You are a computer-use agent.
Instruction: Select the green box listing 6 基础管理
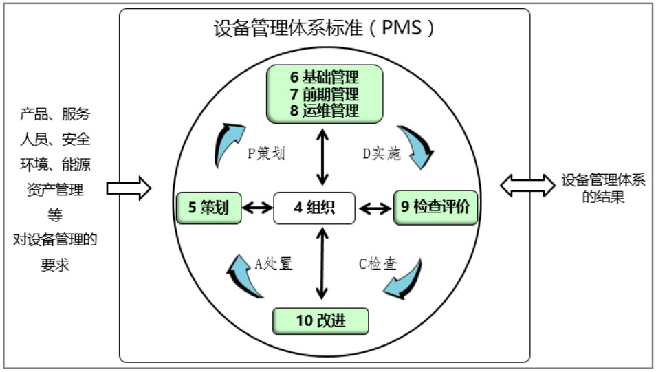[325, 93]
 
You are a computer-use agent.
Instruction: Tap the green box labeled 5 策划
[208, 207]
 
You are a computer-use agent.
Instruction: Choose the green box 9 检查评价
[436, 207]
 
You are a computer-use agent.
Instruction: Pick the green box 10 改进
[320, 320]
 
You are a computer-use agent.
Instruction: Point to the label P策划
[266, 153]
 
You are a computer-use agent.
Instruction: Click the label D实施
[381, 153]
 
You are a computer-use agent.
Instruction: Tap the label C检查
[378, 263]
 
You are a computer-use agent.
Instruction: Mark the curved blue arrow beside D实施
[419, 146]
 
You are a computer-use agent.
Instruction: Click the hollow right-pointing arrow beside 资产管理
[129, 188]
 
